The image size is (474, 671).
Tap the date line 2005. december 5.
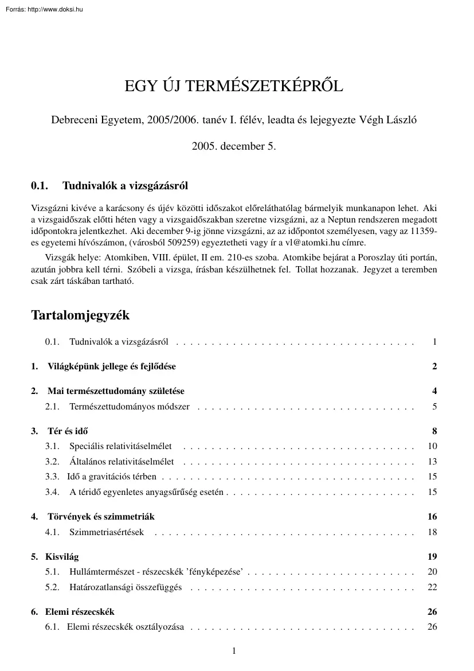pos(234,146)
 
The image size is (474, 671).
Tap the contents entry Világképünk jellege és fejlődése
pos(111,366)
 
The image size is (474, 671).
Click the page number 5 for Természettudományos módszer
pos(434,407)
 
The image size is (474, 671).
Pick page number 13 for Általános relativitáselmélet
pos(432,462)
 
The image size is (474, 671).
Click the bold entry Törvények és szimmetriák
pos(101,517)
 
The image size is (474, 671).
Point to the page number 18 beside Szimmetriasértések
pos(432,532)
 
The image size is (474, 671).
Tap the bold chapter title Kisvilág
pos(63,556)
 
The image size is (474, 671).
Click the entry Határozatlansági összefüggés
pos(125,587)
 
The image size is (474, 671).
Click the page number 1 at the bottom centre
pos(234,650)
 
